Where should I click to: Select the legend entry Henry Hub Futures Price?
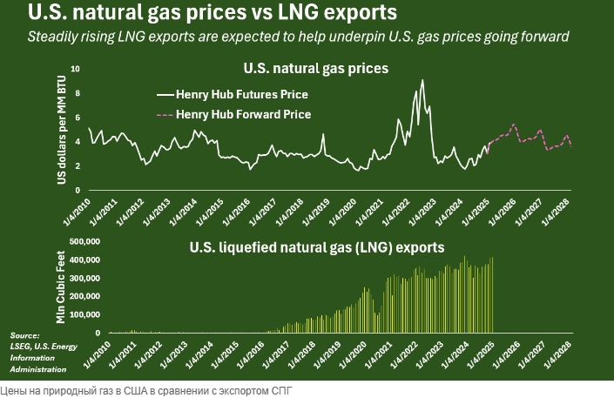(x=242, y=94)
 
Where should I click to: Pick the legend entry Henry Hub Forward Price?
(x=243, y=114)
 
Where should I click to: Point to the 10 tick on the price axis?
(x=76, y=69)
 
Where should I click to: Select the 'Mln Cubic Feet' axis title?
(x=63, y=287)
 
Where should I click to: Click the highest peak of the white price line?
(x=422, y=80)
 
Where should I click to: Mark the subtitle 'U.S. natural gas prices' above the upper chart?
(x=314, y=67)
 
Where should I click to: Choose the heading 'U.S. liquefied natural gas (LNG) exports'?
(x=317, y=246)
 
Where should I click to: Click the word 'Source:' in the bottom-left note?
(x=25, y=335)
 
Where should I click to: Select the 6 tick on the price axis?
(x=78, y=118)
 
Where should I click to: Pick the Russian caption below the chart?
(x=146, y=391)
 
